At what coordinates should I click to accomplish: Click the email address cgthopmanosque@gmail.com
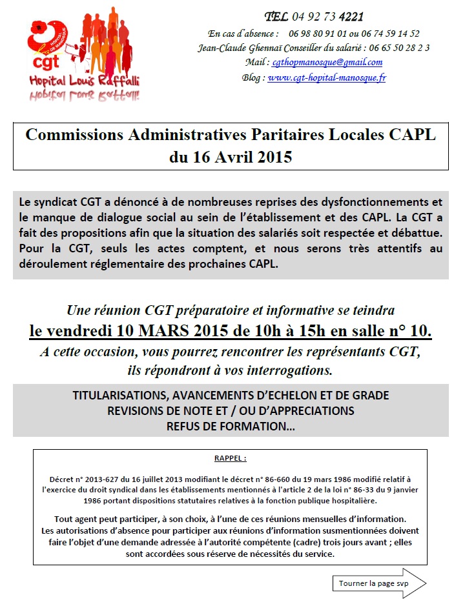coord(327,62)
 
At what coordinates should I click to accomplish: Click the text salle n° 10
coord(387,331)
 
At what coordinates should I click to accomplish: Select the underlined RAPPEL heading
coord(230,458)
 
